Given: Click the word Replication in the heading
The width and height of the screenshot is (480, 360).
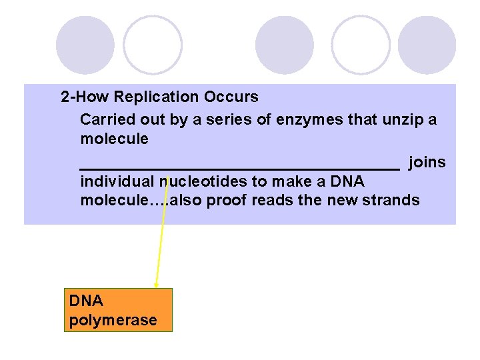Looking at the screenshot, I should click(x=157, y=97).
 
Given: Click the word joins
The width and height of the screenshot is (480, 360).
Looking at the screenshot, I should click(x=427, y=163).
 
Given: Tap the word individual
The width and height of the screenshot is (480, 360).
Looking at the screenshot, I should click(x=117, y=182).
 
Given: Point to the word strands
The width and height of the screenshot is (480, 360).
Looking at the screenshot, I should click(x=395, y=201).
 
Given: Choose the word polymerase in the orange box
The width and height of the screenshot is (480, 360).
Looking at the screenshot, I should click(x=113, y=321).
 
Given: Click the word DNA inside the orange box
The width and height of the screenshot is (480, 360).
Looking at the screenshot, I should click(x=86, y=301).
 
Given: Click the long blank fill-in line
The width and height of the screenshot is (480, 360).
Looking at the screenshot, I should click(x=239, y=168).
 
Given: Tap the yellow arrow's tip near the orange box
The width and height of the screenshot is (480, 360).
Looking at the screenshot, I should click(x=156, y=286).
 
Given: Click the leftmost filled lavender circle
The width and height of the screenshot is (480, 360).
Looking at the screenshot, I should click(x=85, y=45).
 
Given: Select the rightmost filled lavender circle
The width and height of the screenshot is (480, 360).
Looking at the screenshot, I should click(x=427, y=45).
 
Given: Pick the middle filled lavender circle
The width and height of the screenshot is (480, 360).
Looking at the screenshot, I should click(x=285, y=45).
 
